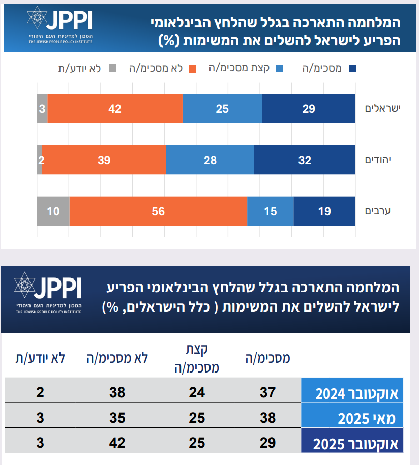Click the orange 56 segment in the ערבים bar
[158, 211]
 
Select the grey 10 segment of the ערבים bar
[53, 211]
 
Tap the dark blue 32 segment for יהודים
[304, 160]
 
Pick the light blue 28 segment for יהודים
[210, 160]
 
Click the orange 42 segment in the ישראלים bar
[115, 108]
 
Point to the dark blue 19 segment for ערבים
[324, 211]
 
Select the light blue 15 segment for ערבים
[270, 211]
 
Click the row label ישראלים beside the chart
[383, 108]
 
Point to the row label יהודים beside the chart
[384, 160]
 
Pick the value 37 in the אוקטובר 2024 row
[267, 392]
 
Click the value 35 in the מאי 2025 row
[117, 418]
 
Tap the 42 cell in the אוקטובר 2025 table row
[117, 442]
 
